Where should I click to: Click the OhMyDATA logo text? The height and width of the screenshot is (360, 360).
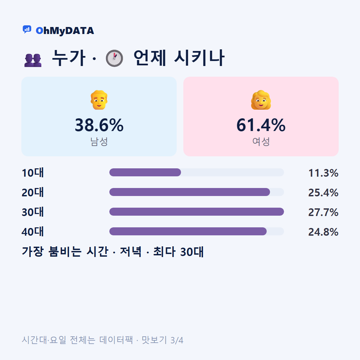65,31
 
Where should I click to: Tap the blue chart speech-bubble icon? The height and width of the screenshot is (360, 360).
27,29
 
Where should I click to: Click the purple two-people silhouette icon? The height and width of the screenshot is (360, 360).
33,60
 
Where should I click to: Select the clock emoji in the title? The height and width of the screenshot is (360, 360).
114,58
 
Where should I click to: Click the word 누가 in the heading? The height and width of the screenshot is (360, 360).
69,58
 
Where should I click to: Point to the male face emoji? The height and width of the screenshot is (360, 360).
99,100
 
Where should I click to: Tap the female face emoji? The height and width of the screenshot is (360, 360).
261,100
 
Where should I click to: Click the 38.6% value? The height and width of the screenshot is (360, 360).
99,125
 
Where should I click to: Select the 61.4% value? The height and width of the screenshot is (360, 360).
261,125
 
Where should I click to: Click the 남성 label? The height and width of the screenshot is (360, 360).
99,141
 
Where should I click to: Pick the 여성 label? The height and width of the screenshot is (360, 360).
261,141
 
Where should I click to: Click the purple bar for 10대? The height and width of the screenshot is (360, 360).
145,172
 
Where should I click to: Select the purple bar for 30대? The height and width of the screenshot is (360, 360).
197,212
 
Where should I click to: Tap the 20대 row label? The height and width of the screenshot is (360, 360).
33,192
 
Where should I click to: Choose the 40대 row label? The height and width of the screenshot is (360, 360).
33,232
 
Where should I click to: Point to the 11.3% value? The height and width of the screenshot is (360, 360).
323,173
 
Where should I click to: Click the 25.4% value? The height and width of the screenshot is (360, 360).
323,193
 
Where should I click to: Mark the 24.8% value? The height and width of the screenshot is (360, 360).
323,232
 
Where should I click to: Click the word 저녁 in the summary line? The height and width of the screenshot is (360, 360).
131,252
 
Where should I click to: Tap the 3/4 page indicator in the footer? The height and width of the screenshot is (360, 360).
177,340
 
